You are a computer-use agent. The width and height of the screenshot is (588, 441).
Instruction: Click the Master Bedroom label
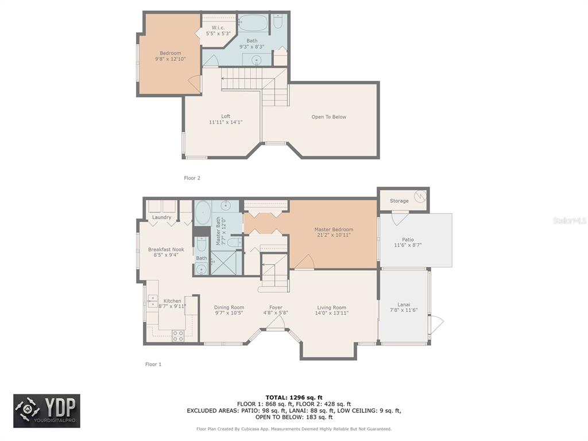point(334,230)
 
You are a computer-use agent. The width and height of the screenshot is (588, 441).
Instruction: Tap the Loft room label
point(226,116)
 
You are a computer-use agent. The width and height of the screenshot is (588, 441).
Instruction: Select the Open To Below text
point(329,117)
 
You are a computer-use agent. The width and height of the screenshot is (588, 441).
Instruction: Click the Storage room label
point(399,201)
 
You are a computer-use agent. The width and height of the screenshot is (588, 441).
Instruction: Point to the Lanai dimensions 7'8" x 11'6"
point(404,310)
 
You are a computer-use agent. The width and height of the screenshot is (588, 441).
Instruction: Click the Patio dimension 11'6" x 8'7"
point(408,245)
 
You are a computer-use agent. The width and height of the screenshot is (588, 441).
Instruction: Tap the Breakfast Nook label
point(166,249)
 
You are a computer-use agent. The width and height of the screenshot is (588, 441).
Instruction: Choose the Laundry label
point(161,218)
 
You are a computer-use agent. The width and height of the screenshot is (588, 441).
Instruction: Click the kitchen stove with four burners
point(178,335)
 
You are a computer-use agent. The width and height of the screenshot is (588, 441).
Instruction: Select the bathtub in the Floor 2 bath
point(253,23)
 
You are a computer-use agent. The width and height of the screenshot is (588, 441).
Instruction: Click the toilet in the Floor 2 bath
point(278,21)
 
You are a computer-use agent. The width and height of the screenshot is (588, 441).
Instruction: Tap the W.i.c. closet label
point(218,28)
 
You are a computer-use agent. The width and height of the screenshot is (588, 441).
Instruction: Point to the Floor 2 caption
point(192,178)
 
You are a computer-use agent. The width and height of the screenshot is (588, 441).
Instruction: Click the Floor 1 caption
point(153,364)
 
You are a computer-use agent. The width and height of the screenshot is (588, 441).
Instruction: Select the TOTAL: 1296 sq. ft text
point(294,397)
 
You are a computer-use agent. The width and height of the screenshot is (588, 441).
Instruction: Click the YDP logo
point(47,411)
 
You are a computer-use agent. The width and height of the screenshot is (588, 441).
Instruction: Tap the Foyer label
point(276,308)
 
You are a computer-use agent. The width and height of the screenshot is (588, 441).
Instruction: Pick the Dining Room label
point(229,308)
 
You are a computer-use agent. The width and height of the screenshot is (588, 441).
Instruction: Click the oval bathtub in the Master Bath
point(203,213)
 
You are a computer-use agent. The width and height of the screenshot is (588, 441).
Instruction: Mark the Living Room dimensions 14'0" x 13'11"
point(332,313)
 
